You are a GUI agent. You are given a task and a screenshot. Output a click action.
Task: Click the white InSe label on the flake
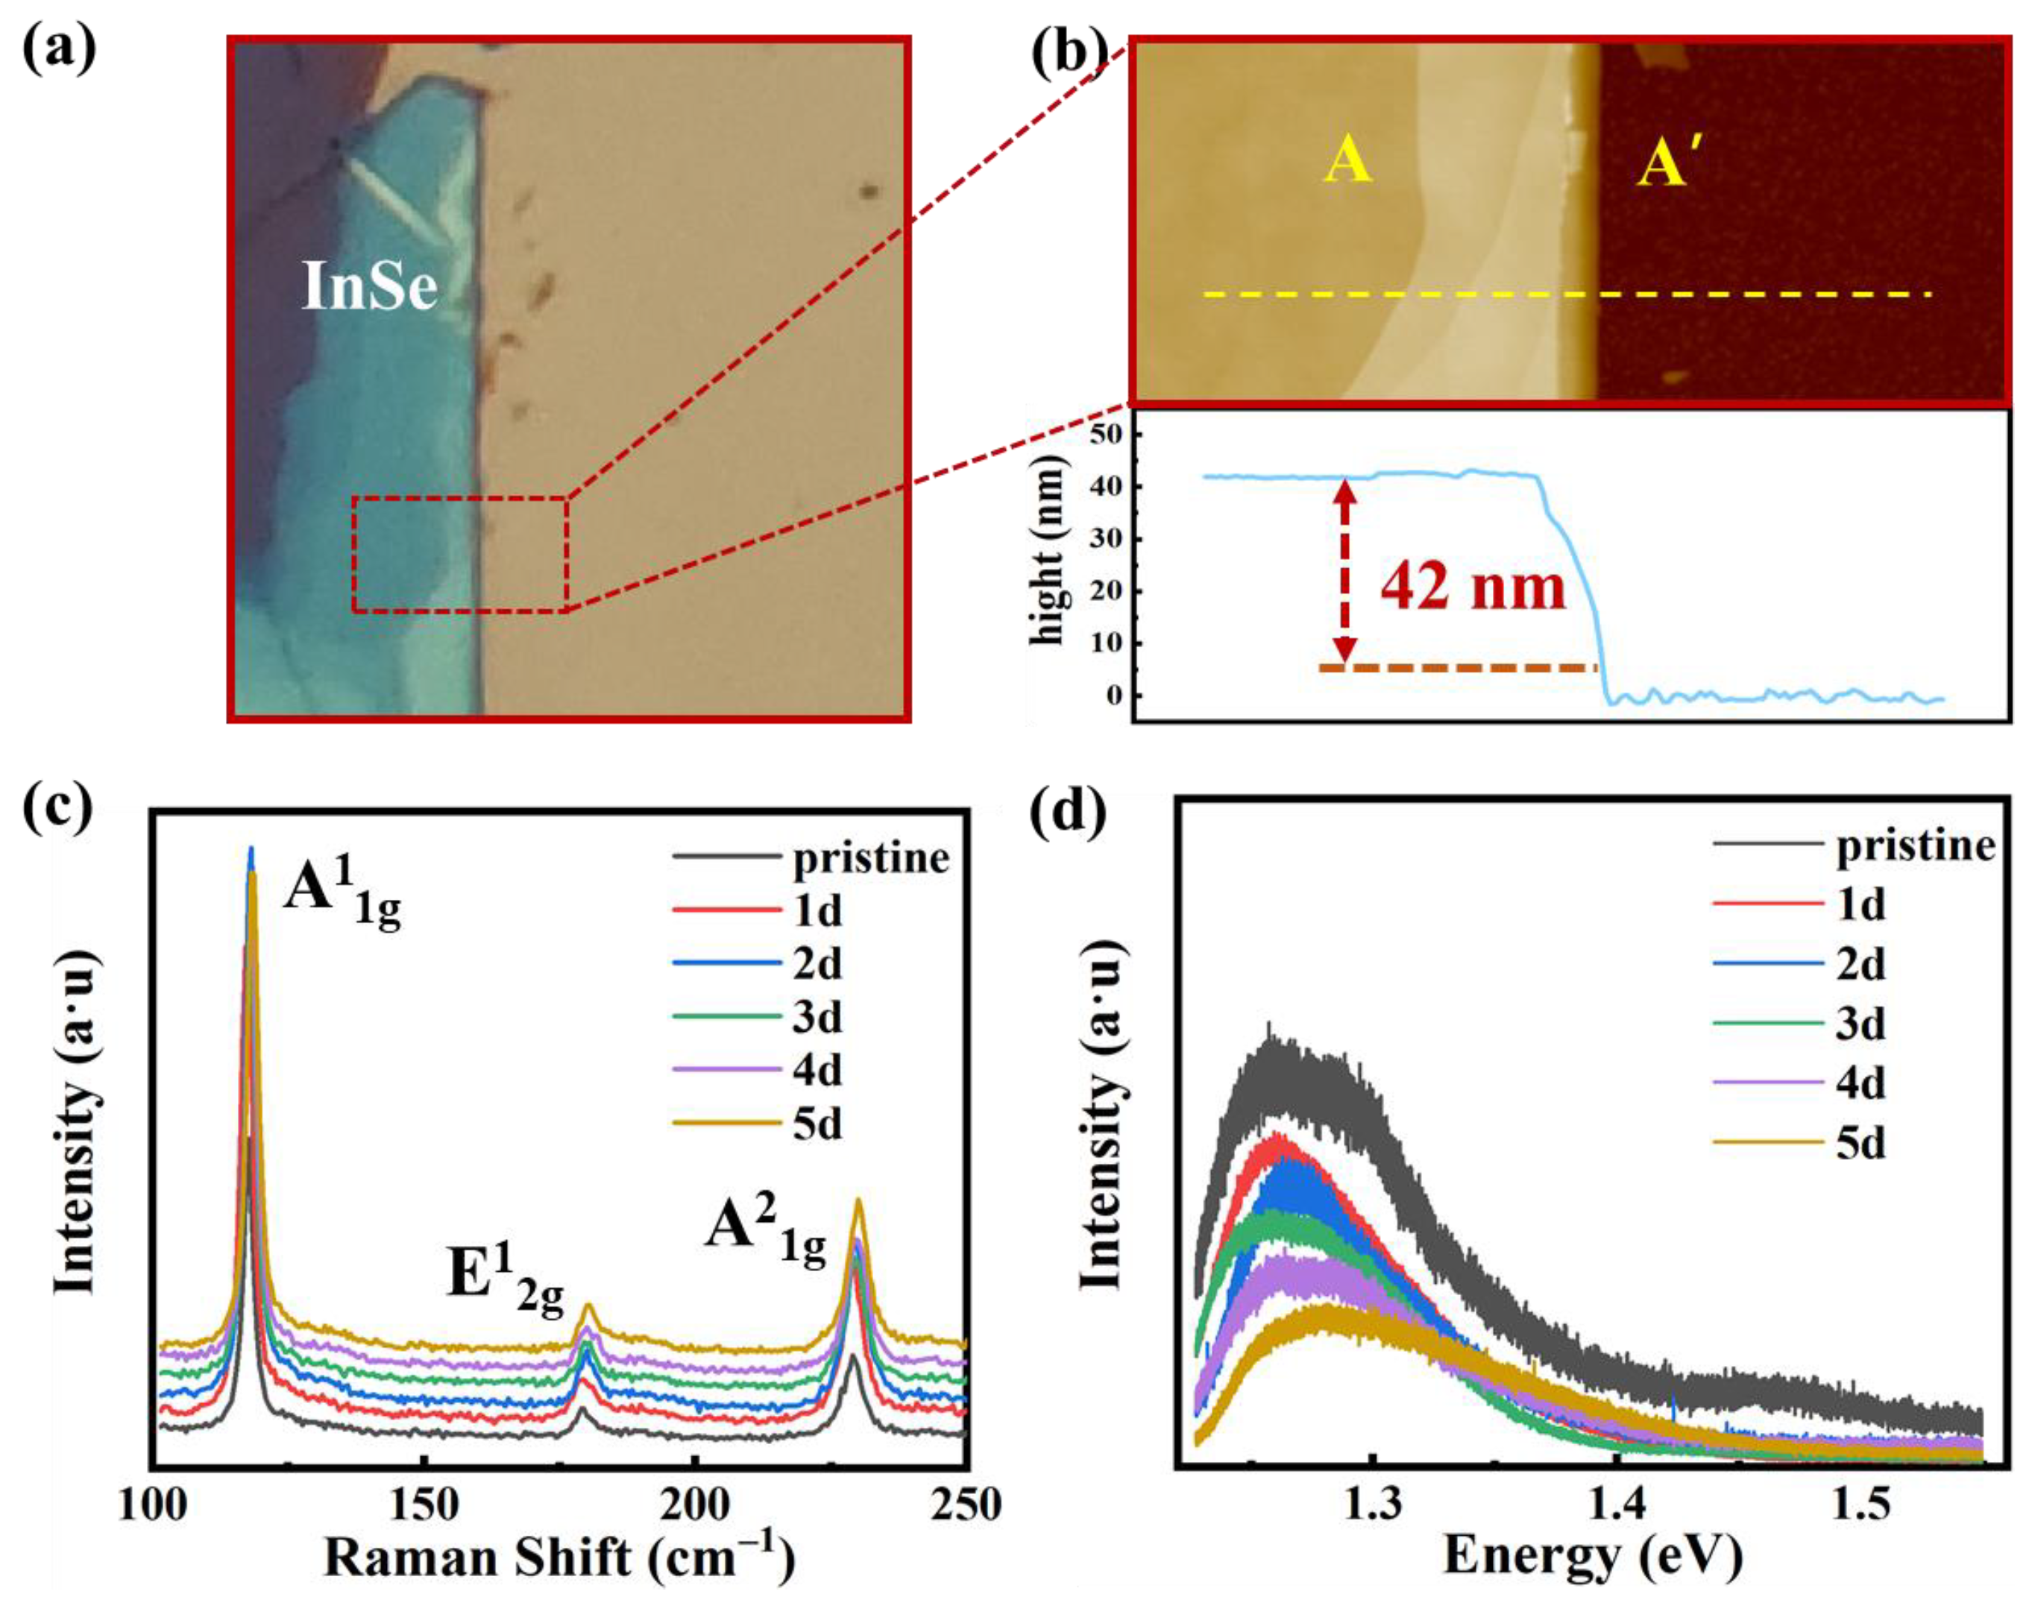point(369,286)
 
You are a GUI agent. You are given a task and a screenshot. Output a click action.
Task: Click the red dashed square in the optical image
point(459,555)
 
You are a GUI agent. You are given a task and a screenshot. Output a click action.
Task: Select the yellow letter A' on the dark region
point(1666,166)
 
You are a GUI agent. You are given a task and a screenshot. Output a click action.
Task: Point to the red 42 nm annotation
point(1473,588)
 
